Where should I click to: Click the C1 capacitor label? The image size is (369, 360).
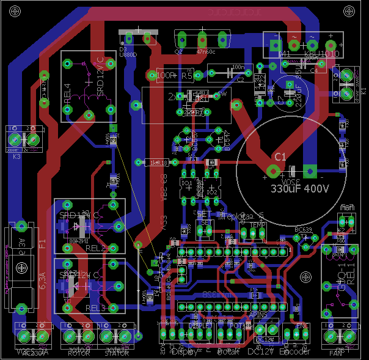280,157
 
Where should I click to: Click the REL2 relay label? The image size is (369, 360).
96,248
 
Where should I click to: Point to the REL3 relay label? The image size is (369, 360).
96,307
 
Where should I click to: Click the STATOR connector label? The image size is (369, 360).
117,353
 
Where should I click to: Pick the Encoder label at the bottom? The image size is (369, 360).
295,352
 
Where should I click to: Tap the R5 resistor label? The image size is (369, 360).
187,76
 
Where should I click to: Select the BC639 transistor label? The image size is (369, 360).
304,229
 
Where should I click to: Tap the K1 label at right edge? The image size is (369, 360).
363,89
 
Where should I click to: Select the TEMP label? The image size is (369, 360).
257,225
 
